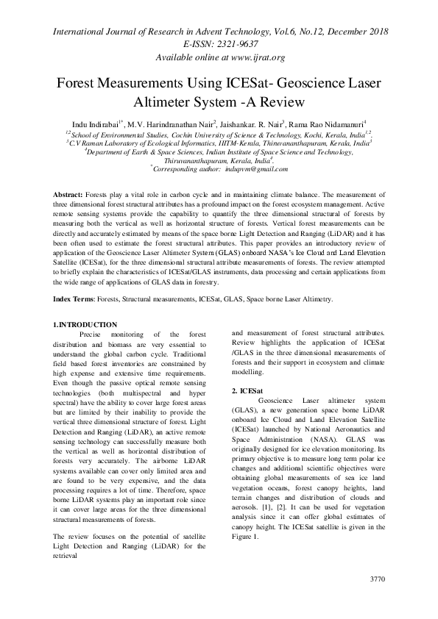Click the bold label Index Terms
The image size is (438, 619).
[76, 300]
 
